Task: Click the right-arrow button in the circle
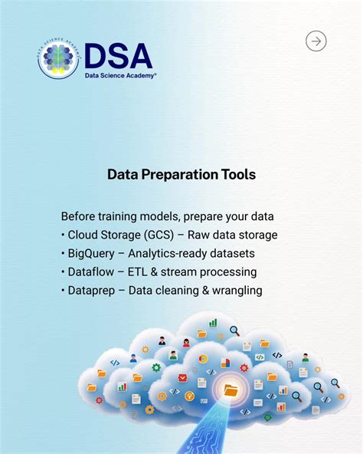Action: tap(316, 41)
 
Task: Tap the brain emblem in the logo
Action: tap(58, 59)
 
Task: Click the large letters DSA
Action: tap(118, 55)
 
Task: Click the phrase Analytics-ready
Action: tap(171, 253)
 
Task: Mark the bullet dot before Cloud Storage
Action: tap(63, 235)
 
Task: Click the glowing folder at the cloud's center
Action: tap(231, 390)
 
